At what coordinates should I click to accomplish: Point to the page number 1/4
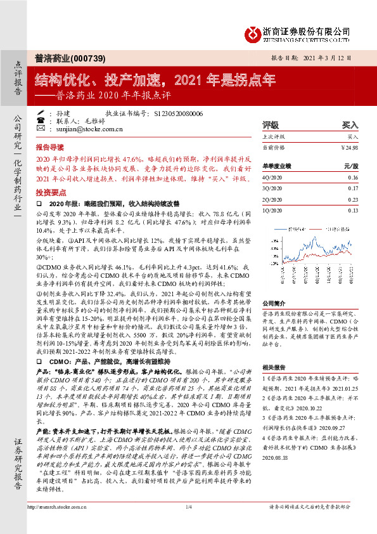tap(188, 525)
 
